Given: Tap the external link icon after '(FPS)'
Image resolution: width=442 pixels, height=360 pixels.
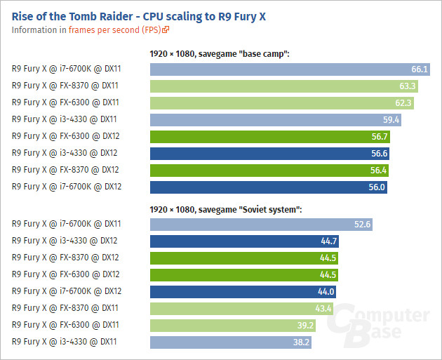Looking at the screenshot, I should pos(166,30).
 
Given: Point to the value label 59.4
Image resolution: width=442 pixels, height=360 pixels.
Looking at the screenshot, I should pos(391,120).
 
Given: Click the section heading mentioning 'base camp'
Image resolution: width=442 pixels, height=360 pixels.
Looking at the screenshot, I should pos(220,53).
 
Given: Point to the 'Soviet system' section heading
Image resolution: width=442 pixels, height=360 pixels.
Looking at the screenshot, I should pos(225,208).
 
